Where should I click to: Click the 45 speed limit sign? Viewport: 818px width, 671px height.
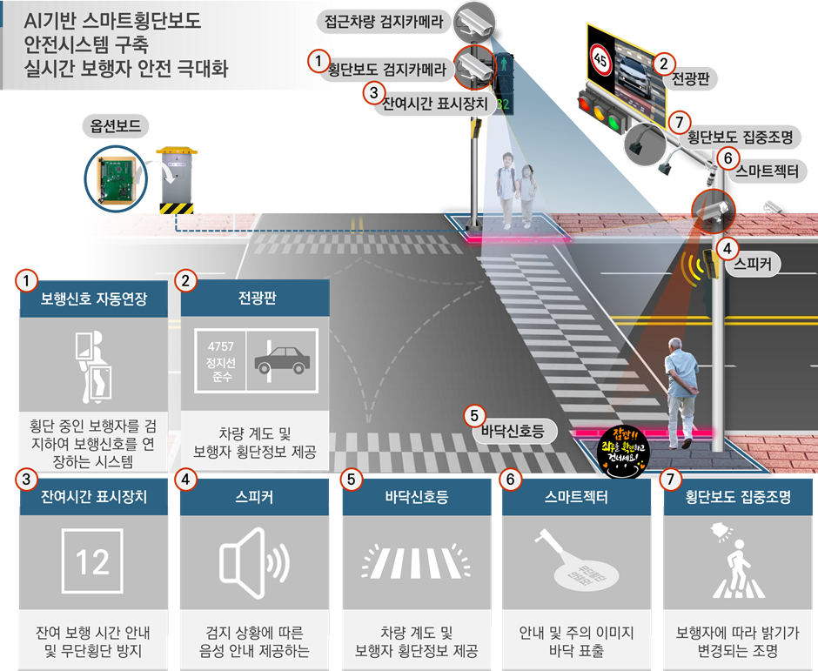tap(600, 59)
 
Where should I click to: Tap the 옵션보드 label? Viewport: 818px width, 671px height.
tap(116, 127)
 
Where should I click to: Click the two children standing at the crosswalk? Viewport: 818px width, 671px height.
tap(516, 186)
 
